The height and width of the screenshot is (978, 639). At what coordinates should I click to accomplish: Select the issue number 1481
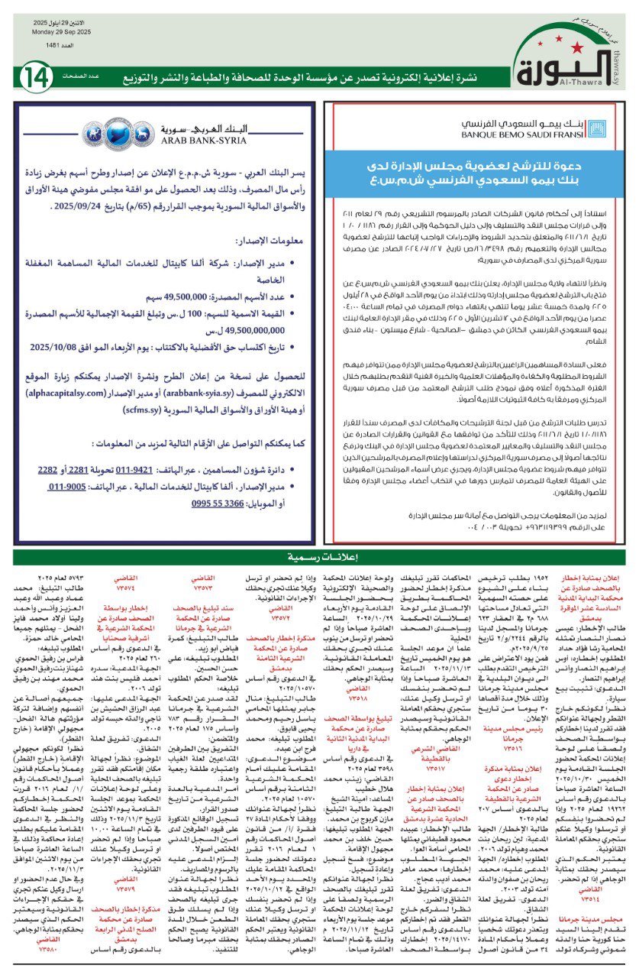(47, 45)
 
